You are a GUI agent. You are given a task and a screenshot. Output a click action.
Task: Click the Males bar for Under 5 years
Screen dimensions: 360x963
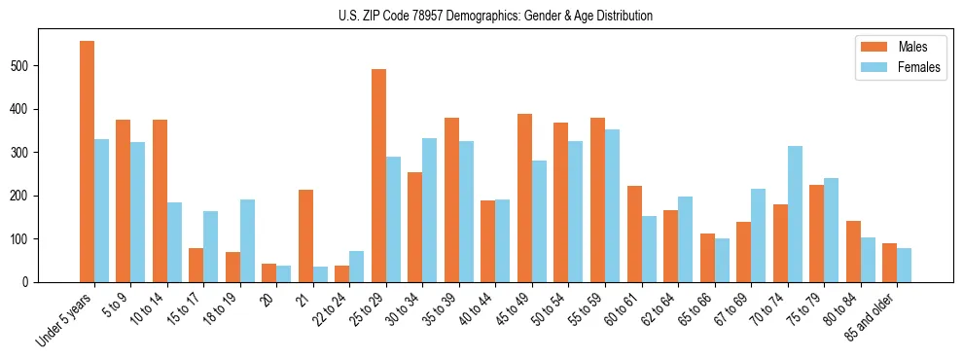coord(87,162)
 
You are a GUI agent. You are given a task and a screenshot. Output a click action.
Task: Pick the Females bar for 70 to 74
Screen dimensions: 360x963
coord(795,214)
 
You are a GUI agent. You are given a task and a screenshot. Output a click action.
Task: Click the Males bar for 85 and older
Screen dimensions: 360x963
coord(889,263)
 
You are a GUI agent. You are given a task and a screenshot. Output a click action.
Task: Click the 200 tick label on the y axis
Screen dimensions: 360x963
coord(23,196)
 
